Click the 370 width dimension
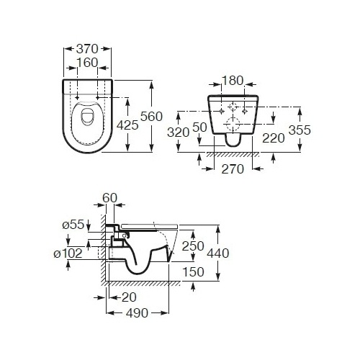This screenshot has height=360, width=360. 87,49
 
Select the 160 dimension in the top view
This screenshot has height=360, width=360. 87,63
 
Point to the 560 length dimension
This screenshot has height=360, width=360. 151,117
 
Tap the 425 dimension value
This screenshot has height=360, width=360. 127,125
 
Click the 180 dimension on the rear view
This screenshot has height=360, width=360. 233,81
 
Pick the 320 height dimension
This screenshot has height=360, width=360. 179,132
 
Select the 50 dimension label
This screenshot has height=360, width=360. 199,127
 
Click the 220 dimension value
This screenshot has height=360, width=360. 274,138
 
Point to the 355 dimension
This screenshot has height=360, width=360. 300,130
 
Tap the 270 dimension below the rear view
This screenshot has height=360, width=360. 233,169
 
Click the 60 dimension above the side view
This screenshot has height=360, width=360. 110,198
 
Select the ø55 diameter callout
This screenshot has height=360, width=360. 73,225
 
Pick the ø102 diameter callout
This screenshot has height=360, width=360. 68,253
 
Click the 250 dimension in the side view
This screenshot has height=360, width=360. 193,246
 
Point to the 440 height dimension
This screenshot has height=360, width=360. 218,253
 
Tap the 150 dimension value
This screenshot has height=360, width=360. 194,272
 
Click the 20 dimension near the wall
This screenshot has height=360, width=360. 129,297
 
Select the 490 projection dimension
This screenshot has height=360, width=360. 137,313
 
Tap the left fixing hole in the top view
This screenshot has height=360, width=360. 77,98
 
